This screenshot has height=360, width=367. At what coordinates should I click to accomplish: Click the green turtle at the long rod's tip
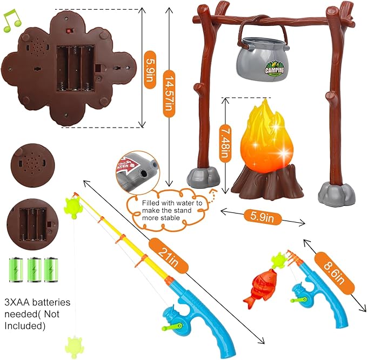pos(72,205)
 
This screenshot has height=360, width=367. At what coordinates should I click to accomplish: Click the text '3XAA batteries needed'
pos(37,306)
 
